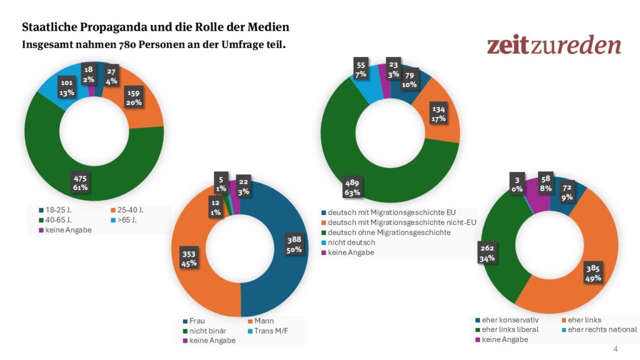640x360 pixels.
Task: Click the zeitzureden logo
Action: coord(554,45)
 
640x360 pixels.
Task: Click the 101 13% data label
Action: coord(67,86)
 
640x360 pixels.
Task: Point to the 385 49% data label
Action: coord(592,271)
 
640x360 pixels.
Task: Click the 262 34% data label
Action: coord(487,252)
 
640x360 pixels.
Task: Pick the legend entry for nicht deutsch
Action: coord(351,242)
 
